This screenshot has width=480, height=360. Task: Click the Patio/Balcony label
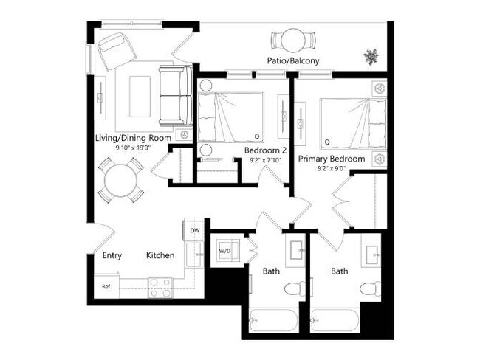(x=293, y=61)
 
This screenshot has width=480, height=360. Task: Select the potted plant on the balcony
(x=370, y=55)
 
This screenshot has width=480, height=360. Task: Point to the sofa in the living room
(x=174, y=95)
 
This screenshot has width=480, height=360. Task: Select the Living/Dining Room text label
(x=134, y=138)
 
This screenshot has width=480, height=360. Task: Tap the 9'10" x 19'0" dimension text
(x=134, y=148)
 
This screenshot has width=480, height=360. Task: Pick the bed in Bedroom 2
(x=230, y=117)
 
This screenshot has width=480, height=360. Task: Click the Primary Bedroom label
(x=332, y=159)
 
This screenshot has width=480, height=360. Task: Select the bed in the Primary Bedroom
(x=352, y=122)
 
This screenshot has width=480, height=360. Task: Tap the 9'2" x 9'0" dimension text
(x=332, y=169)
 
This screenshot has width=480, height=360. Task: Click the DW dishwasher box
(x=195, y=231)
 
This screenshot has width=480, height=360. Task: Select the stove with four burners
(x=160, y=287)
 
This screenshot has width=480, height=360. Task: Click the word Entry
(x=112, y=256)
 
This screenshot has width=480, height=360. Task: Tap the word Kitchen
(x=160, y=256)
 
